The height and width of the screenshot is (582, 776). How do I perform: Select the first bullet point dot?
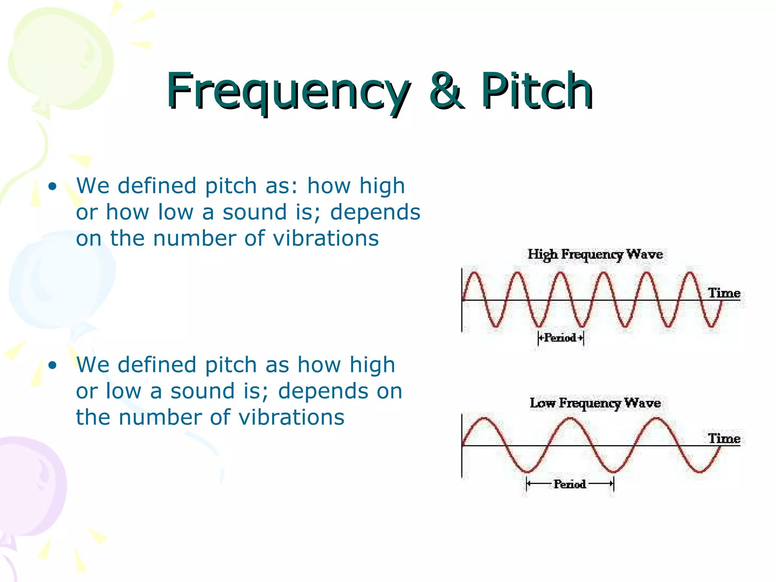(x=53, y=186)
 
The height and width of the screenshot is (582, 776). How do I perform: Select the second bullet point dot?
(x=53, y=365)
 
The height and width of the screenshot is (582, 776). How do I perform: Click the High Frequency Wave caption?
(x=595, y=254)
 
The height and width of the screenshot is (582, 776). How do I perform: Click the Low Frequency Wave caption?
(x=595, y=403)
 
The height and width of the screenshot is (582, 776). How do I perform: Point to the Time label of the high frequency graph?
(x=724, y=293)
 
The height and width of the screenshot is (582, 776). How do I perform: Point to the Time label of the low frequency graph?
(x=724, y=438)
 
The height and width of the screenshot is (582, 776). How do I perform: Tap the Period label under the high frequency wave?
(x=560, y=338)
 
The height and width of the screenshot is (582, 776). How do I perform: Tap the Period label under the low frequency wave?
(x=569, y=484)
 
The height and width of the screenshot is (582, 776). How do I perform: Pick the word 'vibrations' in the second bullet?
(x=291, y=418)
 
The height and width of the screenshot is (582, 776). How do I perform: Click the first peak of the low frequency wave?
(x=484, y=418)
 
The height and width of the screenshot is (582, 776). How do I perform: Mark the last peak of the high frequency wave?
(x=690, y=273)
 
